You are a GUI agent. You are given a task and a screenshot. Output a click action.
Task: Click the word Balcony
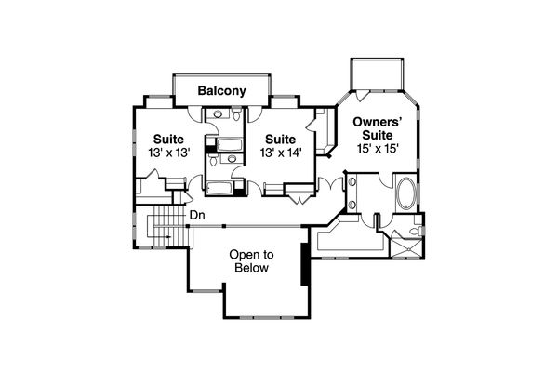pyautogui.click(x=221, y=91)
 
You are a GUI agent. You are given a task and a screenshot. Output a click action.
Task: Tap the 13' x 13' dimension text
pyautogui.click(x=168, y=152)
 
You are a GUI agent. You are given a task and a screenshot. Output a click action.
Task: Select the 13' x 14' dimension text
pyautogui.click(x=279, y=152)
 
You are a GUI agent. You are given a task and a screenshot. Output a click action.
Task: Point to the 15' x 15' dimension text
pyautogui.click(x=376, y=147)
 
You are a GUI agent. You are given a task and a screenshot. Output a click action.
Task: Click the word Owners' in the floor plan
pyautogui.click(x=376, y=120)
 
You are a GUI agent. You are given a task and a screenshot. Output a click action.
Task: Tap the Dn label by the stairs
pyautogui.click(x=196, y=216)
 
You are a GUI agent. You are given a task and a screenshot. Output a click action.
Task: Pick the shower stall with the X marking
pyautogui.click(x=408, y=246)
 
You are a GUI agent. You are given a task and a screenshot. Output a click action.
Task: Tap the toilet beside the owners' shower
pyautogui.click(x=417, y=229)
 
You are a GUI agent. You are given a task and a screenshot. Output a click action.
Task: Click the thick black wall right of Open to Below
pyautogui.click(x=303, y=261)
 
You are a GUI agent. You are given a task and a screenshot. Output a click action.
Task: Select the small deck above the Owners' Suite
pyautogui.click(x=376, y=73)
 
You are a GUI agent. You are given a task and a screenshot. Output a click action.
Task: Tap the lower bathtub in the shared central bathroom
pyautogui.click(x=220, y=189)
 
